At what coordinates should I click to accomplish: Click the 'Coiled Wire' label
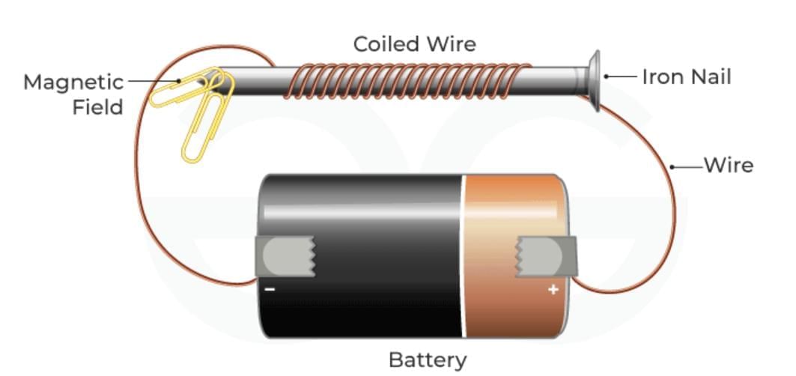[x=415, y=44]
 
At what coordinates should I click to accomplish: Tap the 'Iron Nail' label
[x=686, y=76]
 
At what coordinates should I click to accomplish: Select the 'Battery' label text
[x=428, y=360]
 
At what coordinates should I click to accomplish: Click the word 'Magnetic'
[x=73, y=82]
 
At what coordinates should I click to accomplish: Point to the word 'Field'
[x=97, y=107]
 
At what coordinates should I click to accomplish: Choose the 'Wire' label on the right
[x=729, y=165]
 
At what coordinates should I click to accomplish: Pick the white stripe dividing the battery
[x=464, y=255]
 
